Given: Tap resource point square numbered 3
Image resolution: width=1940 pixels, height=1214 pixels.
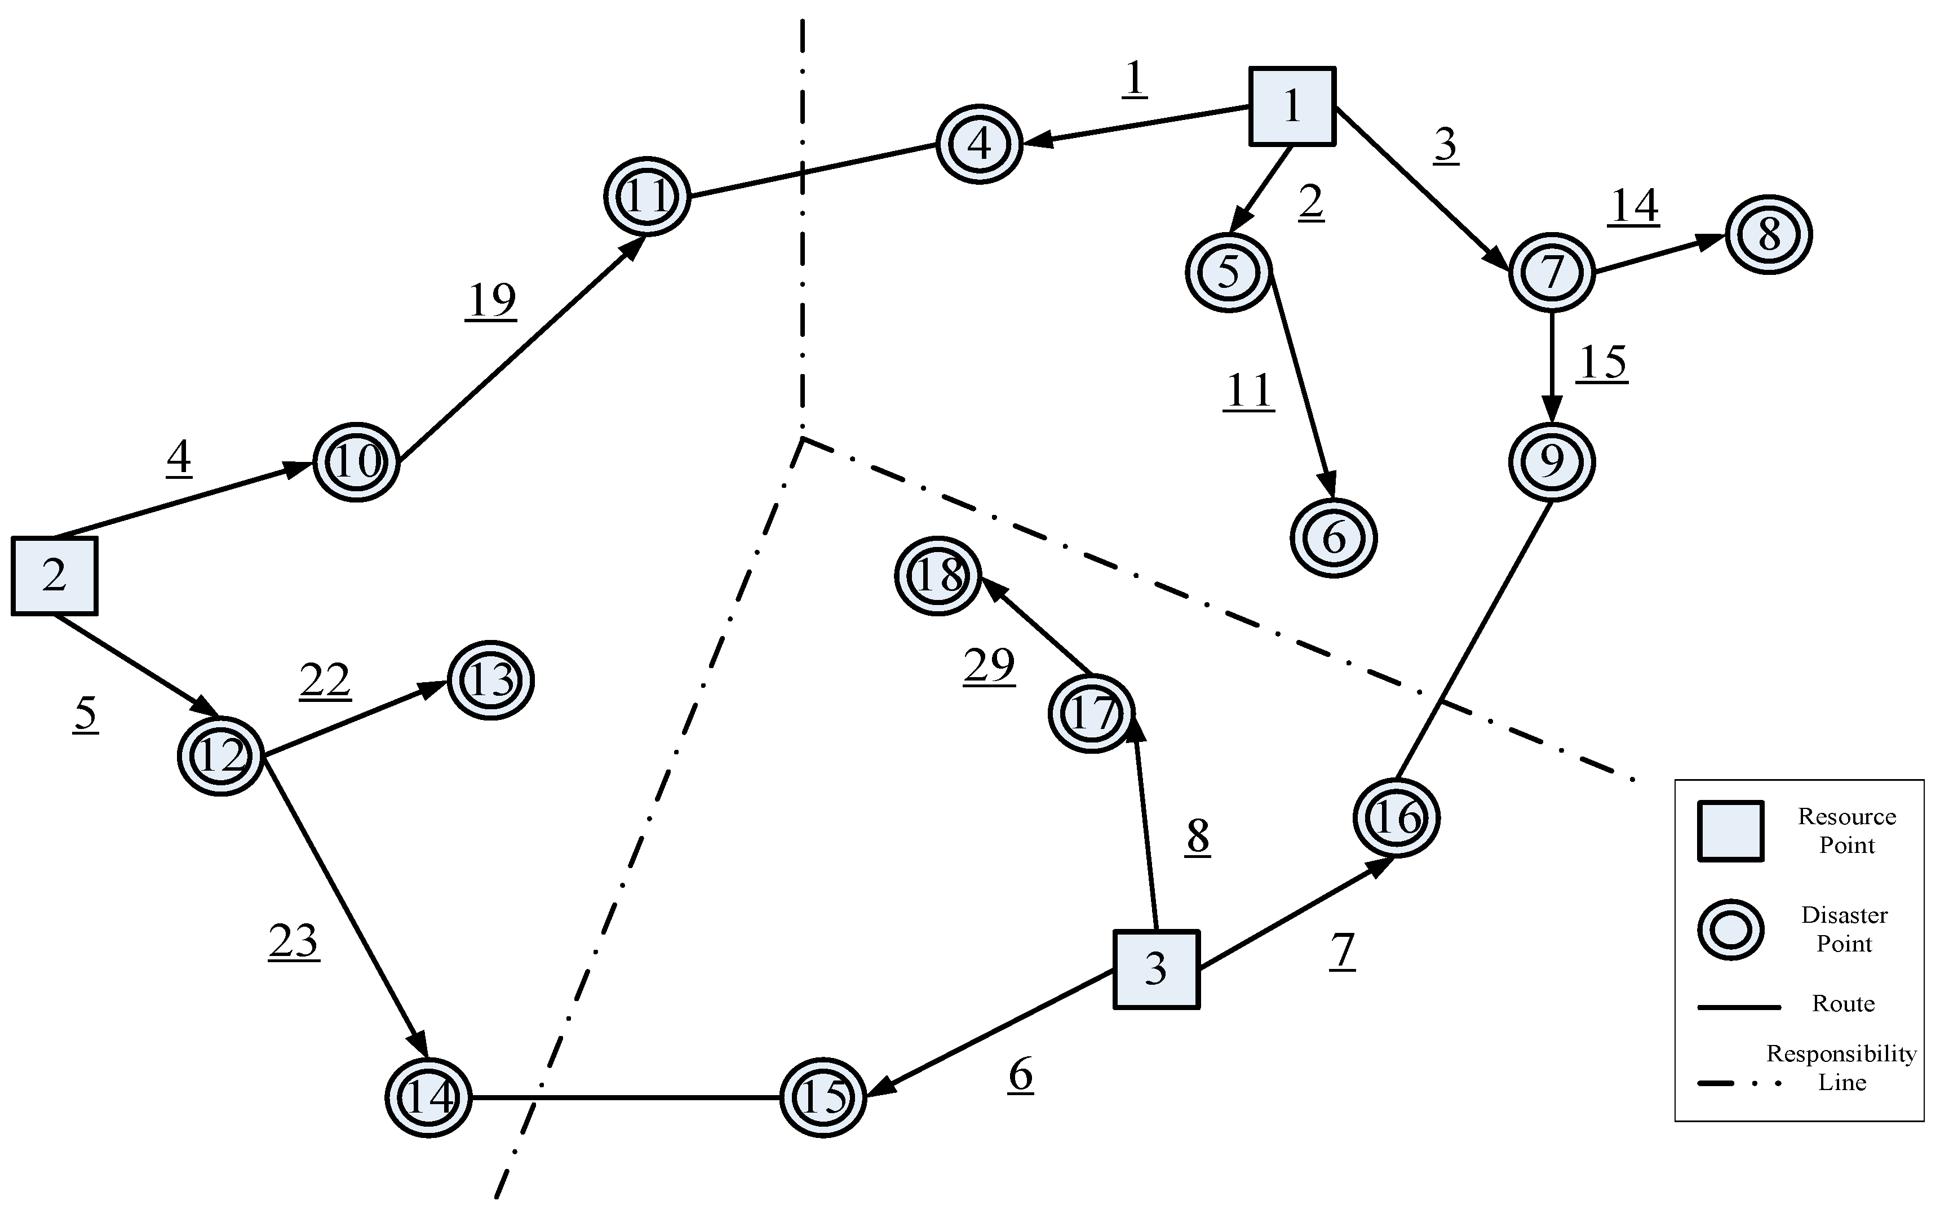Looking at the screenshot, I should pos(1156,969).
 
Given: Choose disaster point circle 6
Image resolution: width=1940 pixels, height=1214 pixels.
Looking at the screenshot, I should pos(1334,538).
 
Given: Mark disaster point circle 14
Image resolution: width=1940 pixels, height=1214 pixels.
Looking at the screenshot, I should pos(428,1097).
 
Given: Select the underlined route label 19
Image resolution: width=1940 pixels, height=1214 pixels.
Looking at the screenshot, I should pos(491,300).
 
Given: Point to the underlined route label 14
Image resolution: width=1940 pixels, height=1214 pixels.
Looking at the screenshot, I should pos(1634,206).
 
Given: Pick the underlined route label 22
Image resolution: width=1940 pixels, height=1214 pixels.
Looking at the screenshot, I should pos(325,680).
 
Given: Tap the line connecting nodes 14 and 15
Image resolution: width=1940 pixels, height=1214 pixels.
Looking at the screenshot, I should pos(627,1097).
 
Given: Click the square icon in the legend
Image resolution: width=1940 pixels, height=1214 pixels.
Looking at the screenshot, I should pos(1730,831).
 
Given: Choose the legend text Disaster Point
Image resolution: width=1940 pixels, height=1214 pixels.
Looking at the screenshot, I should pos(1844,929).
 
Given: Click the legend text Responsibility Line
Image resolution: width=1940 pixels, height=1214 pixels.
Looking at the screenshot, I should pos(1841,1068).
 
